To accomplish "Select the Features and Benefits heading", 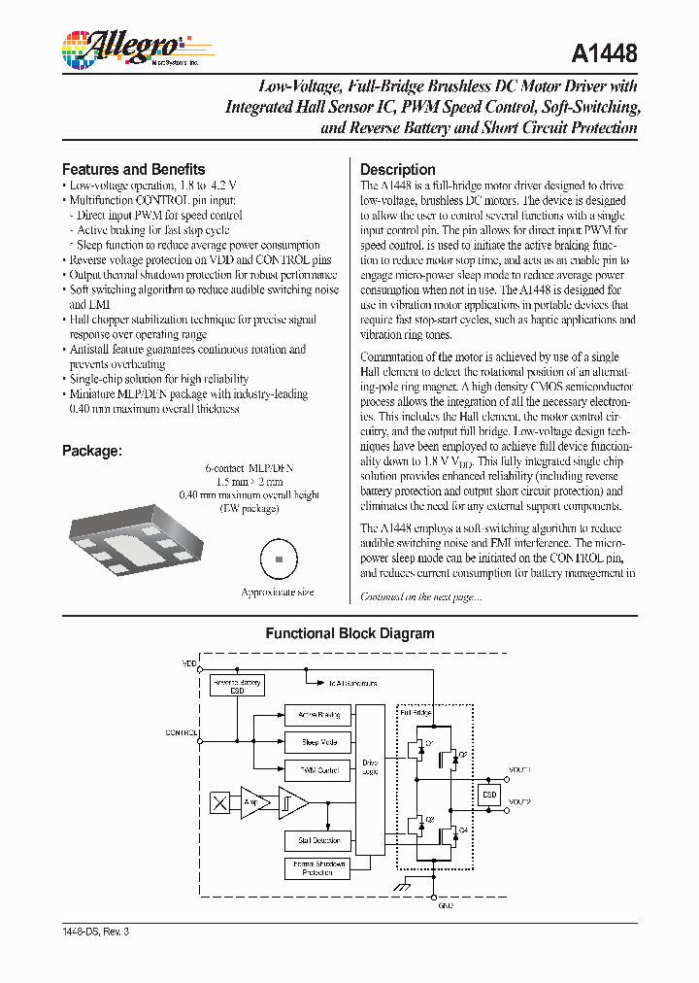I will [x=133, y=169].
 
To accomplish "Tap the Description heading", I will [x=397, y=169].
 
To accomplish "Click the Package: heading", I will [x=91, y=451].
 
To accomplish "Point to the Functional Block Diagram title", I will [x=349, y=633].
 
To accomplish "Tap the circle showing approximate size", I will [x=277, y=559].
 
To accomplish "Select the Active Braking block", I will [x=317, y=715].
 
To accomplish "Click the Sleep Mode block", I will [x=317, y=742].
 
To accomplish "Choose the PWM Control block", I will [x=317, y=769].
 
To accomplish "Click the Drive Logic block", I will [x=370, y=768].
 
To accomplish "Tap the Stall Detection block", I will [x=317, y=839].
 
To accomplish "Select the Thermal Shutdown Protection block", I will [x=317, y=867].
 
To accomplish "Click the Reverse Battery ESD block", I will [x=237, y=686].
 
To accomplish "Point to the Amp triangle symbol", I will [x=253, y=802].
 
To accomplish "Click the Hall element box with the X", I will [x=221, y=802].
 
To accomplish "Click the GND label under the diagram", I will [x=446, y=904].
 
